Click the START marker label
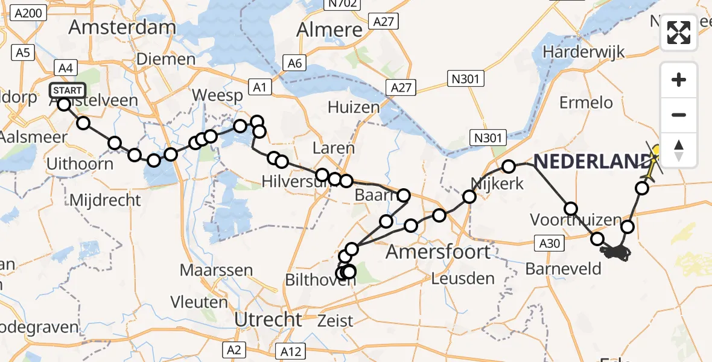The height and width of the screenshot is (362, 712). click(68, 91)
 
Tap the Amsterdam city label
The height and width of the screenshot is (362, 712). click(122, 27)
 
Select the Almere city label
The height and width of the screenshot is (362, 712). click(329, 30)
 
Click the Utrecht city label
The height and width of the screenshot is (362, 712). click(267, 319)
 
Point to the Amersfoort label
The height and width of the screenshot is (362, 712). click(438, 251)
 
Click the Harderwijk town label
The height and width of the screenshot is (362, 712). click(582, 52)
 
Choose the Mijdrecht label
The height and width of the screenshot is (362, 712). click(106, 200)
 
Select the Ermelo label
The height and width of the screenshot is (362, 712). click(586, 103)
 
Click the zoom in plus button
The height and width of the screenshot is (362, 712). click(679, 80)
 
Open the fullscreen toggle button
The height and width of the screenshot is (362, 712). click(679, 33)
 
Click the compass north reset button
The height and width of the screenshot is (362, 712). click(679, 150)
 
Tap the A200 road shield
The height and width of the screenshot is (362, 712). click(28, 13)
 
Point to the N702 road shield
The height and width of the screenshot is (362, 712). click(342, 4)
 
